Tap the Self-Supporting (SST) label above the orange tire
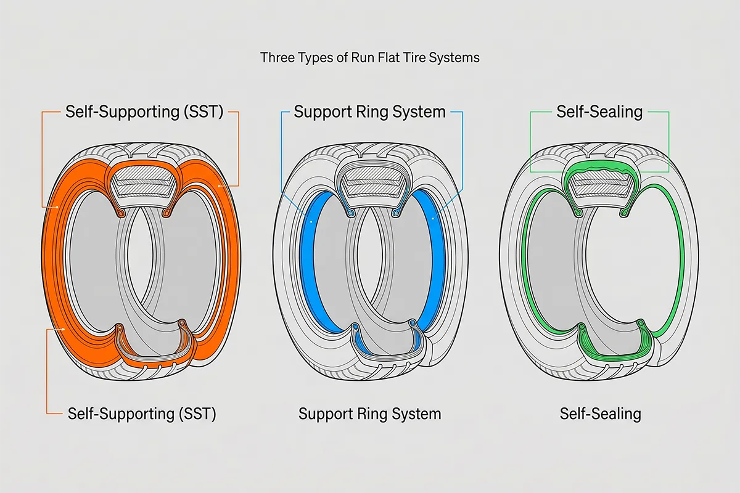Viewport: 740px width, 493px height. click(x=144, y=112)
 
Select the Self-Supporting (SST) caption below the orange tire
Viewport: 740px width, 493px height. click(x=142, y=414)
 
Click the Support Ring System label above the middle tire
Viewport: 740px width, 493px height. click(x=369, y=112)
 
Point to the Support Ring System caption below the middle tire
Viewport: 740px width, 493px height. click(x=369, y=414)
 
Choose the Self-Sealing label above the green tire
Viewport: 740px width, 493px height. click(x=599, y=112)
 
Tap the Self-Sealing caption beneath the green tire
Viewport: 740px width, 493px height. click(x=600, y=414)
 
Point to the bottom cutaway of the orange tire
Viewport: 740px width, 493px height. click(x=151, y=348)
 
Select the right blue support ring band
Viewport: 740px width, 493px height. click(x=434, y=259)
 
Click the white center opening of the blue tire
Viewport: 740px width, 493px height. click(x=369, y=259)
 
